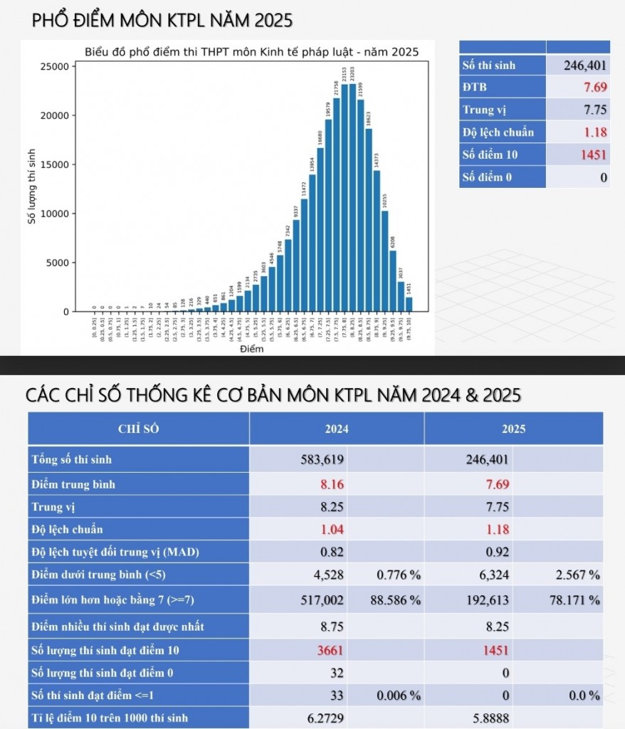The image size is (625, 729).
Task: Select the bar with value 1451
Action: pos(409,304)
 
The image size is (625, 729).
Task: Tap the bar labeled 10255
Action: pos(384,261)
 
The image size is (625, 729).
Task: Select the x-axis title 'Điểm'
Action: pos(251,349)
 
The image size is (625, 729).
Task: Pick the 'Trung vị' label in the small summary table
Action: pos(485,110)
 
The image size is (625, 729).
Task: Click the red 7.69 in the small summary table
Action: pos(594,87)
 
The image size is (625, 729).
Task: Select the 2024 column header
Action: pos(336,429)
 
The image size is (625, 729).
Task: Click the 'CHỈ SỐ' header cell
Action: pos(139,429)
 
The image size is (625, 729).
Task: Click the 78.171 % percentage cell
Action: pos(574,600)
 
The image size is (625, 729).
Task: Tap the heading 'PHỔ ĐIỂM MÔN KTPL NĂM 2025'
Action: pos(162,20)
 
